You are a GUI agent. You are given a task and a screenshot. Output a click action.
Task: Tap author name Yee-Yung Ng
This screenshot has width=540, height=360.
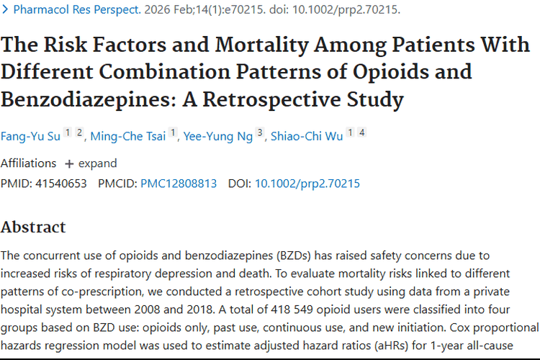tap(218, 136)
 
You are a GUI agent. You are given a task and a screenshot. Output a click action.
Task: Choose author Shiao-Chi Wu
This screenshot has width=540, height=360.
tap(307, 136)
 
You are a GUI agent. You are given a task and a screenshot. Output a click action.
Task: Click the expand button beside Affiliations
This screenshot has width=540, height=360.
tap(91, 163)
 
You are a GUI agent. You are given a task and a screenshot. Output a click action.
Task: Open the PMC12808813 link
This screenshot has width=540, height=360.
tap(179, 183)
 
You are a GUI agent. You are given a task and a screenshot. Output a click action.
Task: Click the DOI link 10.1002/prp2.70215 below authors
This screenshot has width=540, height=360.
tap(307, 183)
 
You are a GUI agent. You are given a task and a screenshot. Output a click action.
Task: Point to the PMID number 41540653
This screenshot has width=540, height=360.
tap(63, 183)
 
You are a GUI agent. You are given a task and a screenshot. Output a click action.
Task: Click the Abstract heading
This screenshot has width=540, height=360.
tap(33, 227)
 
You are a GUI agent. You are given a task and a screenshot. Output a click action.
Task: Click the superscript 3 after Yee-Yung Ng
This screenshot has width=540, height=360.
tap(261, 133)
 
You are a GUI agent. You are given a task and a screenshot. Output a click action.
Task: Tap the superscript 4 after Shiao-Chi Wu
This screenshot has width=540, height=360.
tap(362, 133)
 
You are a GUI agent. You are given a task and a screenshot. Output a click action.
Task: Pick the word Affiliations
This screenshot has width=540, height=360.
tap(28, 163)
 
